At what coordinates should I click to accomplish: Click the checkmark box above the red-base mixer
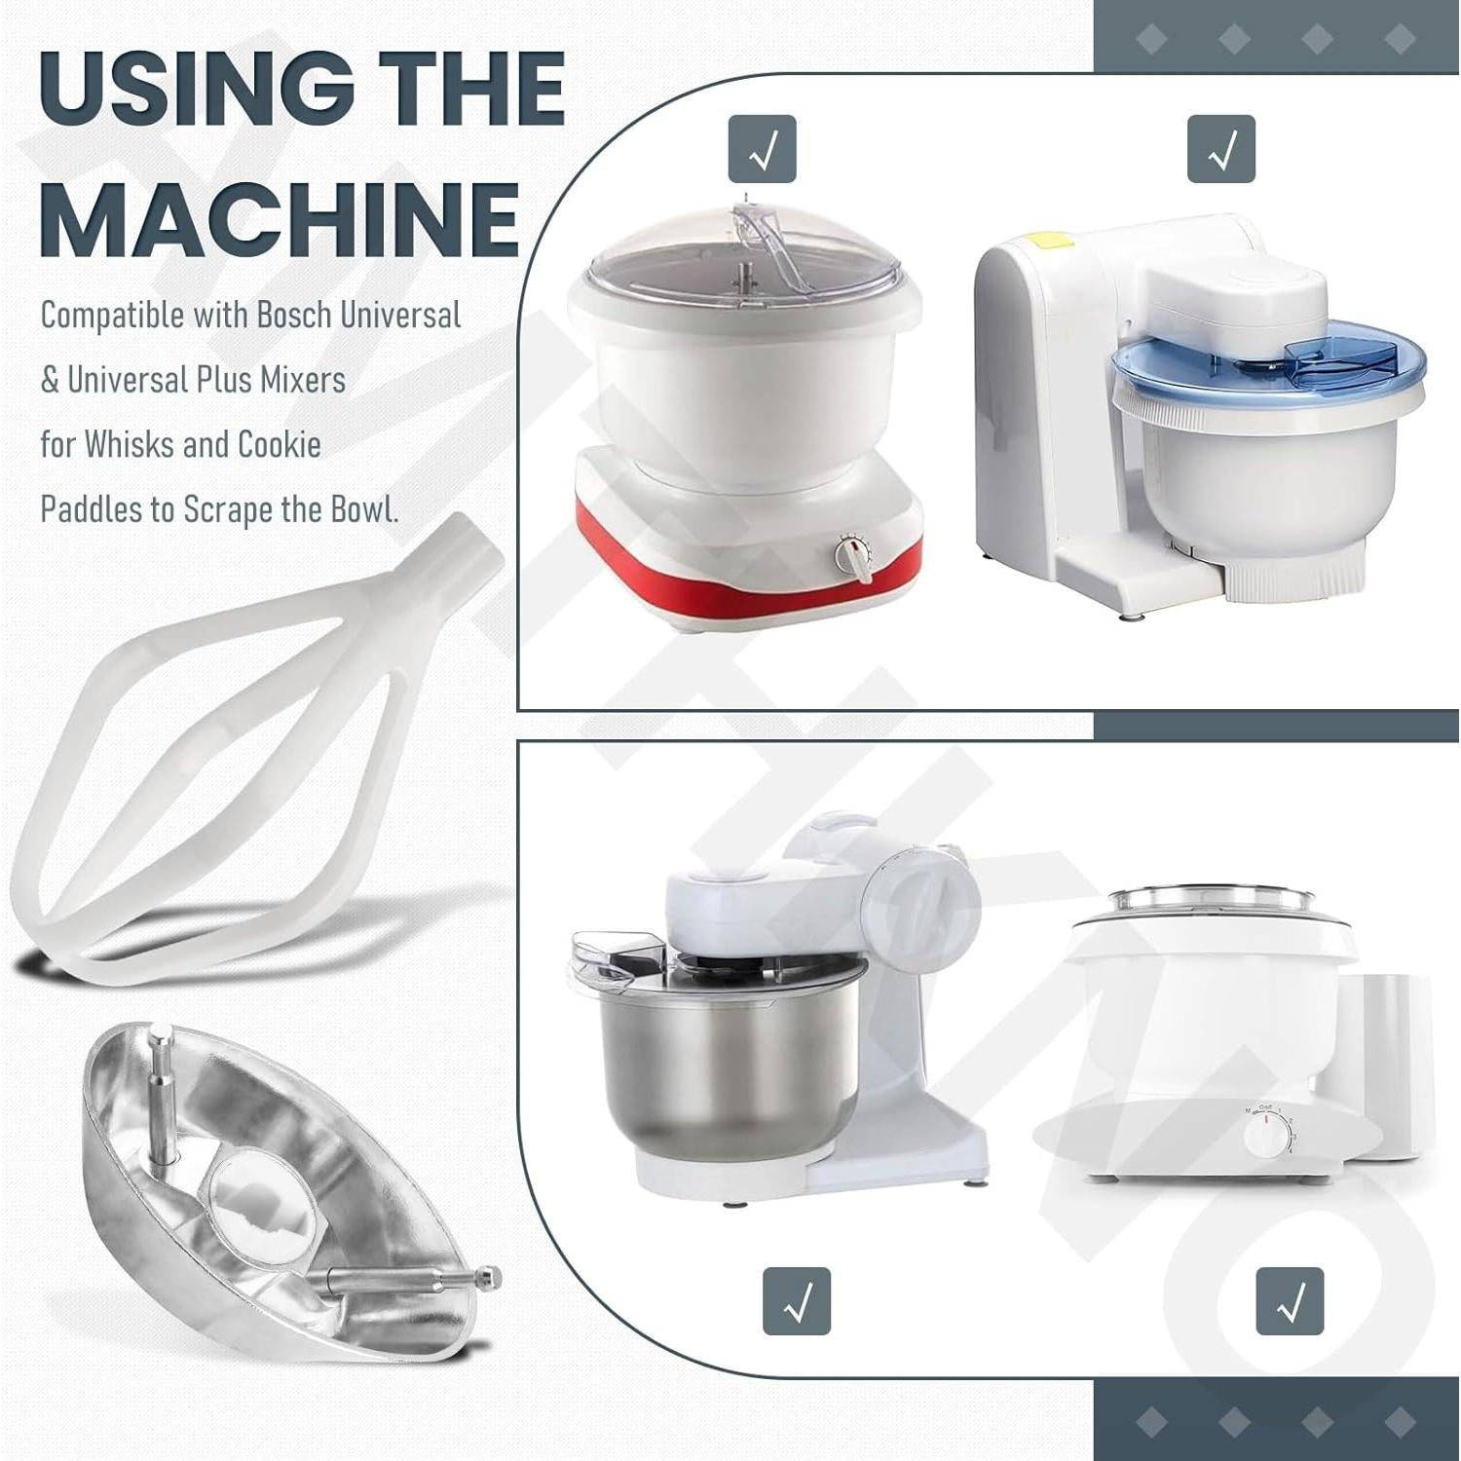coord(763,149)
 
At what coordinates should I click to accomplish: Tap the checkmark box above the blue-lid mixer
coord(1220,149)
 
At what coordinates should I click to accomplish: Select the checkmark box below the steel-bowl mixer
coord(797,1300)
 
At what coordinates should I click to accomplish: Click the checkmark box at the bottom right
coord(1290,1300)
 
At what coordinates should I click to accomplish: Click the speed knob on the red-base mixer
coord(854,558)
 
